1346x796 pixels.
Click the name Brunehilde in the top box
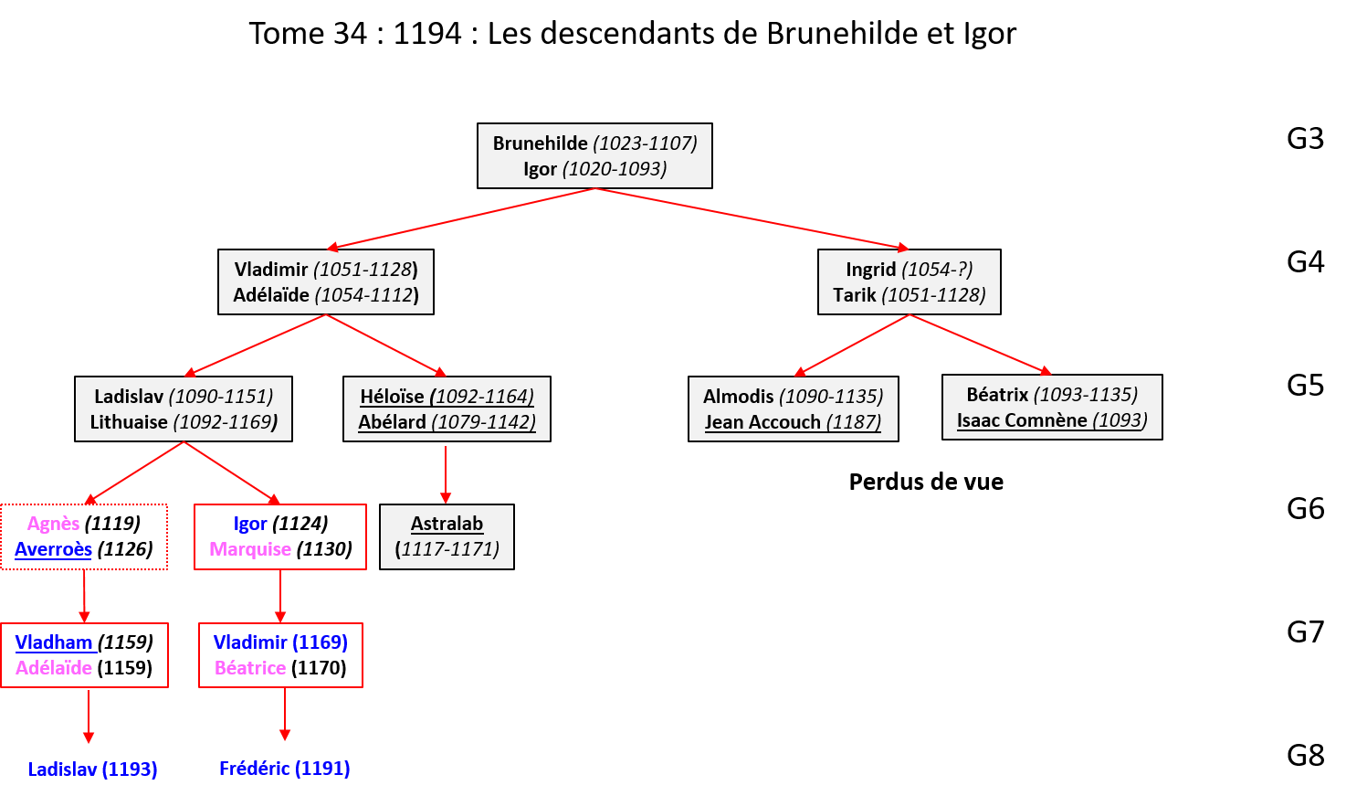540,143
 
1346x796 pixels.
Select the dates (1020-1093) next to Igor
615,169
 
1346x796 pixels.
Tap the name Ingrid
870,270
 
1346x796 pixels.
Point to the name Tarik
854,295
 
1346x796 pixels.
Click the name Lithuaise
129,422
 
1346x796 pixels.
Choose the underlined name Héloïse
392,397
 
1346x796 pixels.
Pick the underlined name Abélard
392,422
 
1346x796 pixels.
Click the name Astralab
447,524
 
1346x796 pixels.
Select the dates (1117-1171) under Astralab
447,549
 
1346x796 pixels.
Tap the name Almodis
738,397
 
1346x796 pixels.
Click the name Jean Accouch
762,422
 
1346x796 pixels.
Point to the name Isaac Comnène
1022,420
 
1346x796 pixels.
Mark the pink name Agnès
53,524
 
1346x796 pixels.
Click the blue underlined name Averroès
53,549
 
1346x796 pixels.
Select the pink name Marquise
250,549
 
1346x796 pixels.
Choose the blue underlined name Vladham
54,642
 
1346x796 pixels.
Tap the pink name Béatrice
250,668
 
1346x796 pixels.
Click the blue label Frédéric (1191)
284,769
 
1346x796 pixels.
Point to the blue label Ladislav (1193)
92,769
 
